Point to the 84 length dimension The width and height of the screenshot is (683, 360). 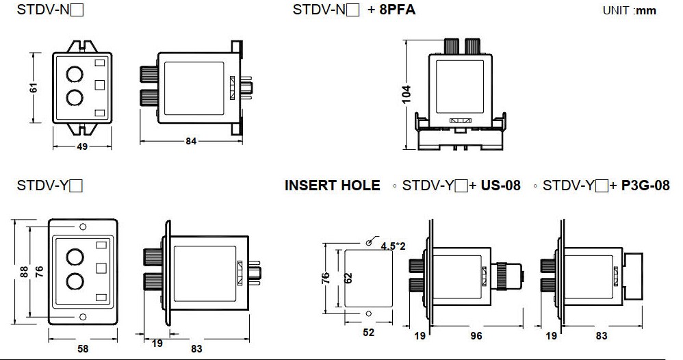(x=191, y=141)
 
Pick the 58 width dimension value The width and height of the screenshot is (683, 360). (x=83, y=348)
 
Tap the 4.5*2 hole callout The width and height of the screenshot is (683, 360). (x=393, y=246)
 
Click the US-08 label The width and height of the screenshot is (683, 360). (x=500, y=185)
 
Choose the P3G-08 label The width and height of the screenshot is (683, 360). (x=645, y=185)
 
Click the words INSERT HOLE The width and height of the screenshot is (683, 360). (x=332, y=185)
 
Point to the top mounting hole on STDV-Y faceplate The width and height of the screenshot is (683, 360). (x=83, y=227)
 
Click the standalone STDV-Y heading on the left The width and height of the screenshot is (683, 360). (x=49, y=185)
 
